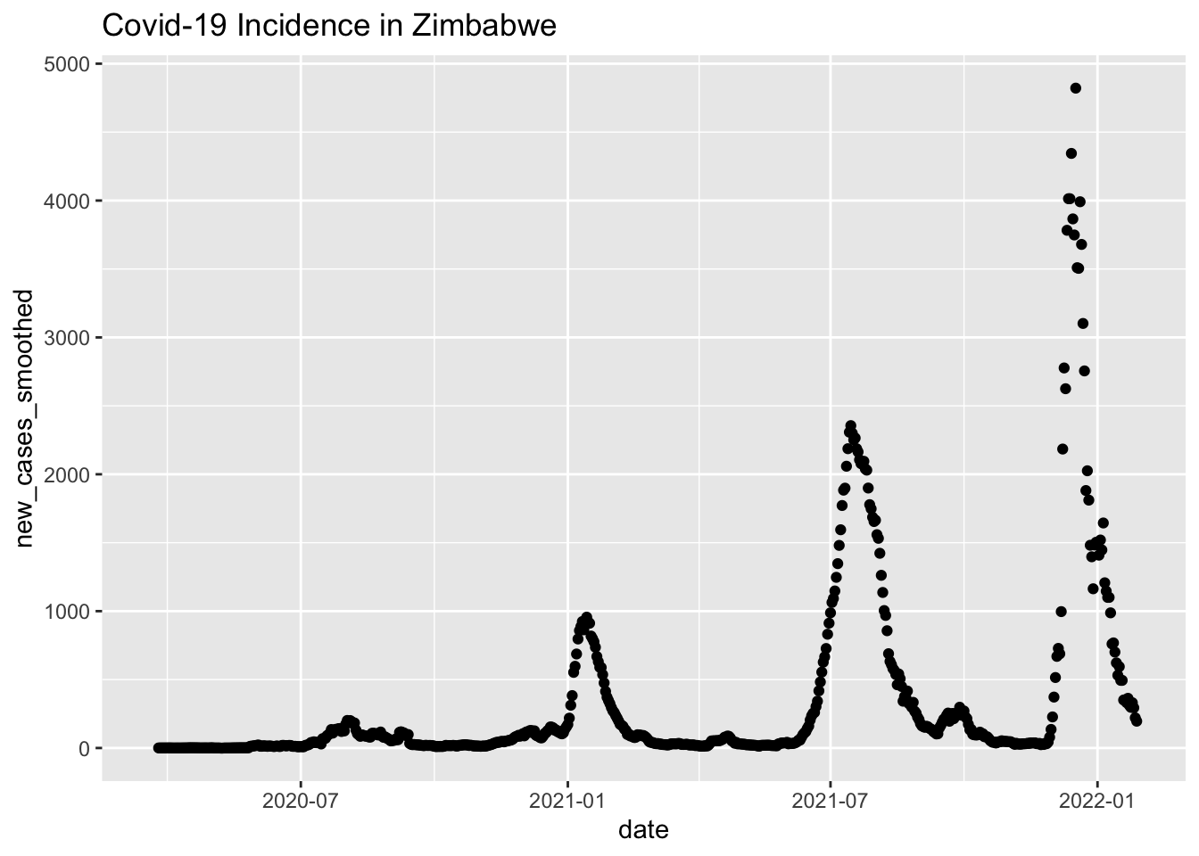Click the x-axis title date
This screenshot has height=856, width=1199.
click(x=643, y=831)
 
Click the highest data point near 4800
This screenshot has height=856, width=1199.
click(x=1076, y=87)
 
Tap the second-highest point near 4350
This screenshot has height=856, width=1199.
click(x=1071, y=153)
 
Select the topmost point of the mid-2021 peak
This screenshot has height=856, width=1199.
click(x=850, y=426)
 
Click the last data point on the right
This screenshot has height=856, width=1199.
click(x=1137, y=720)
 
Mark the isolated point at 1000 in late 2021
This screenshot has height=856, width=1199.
click(x=1061, y=612)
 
